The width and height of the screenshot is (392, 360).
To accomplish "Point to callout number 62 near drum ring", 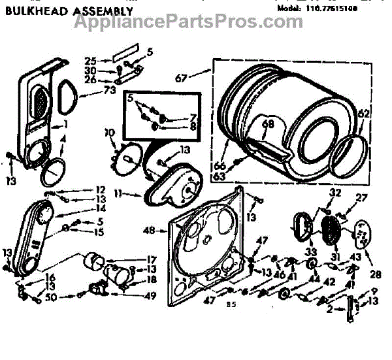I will pos(363,113).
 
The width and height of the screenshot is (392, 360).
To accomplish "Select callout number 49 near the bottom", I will pos(150,295).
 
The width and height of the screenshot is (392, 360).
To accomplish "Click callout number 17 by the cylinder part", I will pos(150,257).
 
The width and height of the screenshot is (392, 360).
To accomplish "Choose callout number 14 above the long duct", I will pos(100,208).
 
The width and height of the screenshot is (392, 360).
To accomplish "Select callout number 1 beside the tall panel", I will pos(66,125).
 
